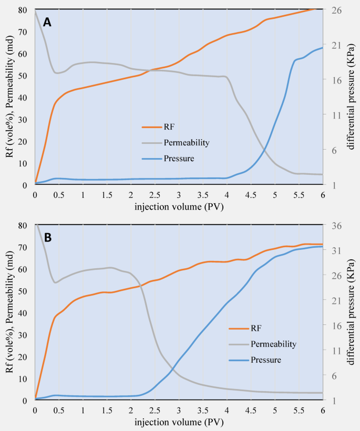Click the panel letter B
[48, 237]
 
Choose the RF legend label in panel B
[256, 329]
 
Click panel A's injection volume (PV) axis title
[179, 205]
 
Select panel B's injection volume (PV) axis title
[179, 422]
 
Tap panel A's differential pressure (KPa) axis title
[351, 97]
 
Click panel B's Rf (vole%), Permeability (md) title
[9, 313]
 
